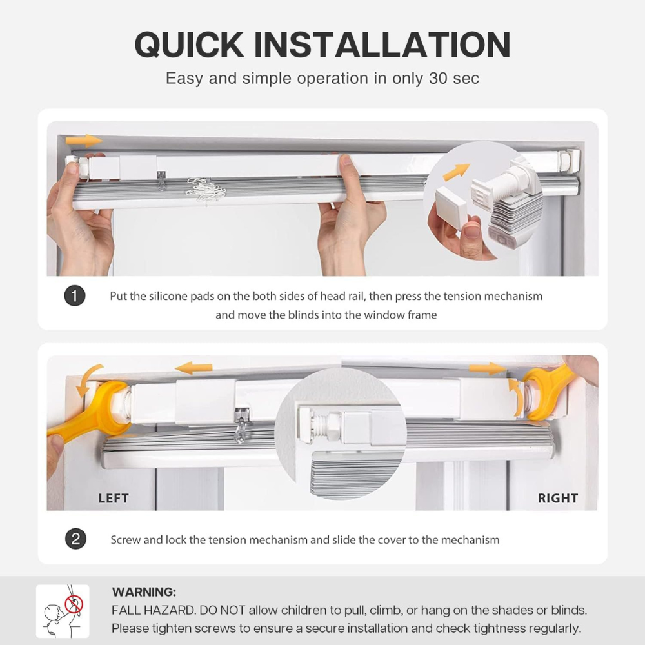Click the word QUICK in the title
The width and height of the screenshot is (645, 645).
point(189,45)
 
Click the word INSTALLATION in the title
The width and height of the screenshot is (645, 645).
point(382,45)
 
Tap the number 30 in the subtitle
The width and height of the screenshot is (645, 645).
point(438,78)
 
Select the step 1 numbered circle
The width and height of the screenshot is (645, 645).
point(75,296)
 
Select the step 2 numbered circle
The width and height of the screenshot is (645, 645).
point(75,539)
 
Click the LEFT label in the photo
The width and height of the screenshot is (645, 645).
point(114,498)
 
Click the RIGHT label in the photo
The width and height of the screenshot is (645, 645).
point(558,498)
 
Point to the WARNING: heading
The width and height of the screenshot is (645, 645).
point(144,592)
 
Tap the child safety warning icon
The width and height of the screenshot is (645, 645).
point(63,611)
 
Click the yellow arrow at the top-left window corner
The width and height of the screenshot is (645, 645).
point(83,141)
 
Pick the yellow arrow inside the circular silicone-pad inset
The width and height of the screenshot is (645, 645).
point(456,171)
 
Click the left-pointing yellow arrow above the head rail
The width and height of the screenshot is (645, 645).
point(193,368)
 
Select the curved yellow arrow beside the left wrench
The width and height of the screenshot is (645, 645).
point(88,379)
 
